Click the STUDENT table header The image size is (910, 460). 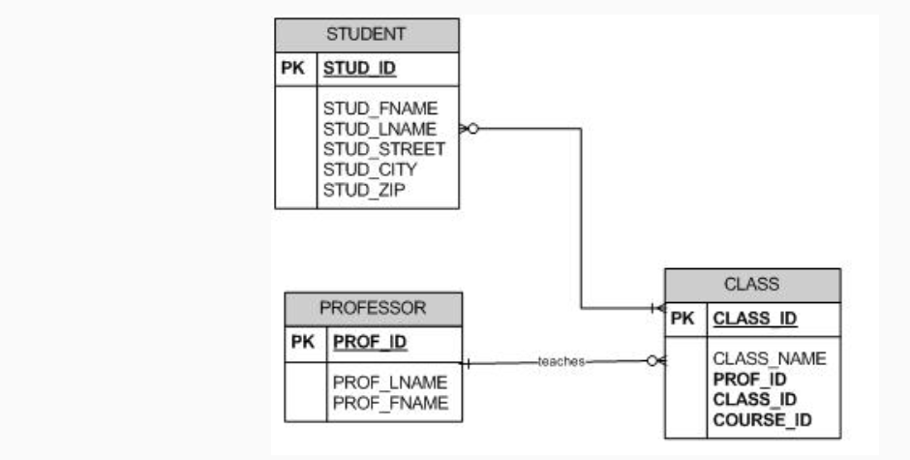(366, 34)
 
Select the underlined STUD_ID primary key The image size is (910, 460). (359, 69)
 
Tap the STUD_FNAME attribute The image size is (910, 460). (380, 107)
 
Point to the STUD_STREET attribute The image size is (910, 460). (384, 148)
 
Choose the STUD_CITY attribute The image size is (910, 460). (370, 169)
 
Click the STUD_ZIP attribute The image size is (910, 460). (363, 189)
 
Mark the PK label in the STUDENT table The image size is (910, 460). (293, 69)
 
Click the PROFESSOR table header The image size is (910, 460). (373, 308)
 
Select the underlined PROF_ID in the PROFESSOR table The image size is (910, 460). (369, 342)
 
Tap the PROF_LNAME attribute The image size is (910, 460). (390, 383)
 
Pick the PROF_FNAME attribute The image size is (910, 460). (390, 403)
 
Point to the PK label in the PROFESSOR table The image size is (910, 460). (302, 342)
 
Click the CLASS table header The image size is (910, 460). (751, 284)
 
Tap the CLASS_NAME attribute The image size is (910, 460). (770, 358)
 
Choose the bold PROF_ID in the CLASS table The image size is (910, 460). (749, 379)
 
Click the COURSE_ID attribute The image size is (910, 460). (762, 419)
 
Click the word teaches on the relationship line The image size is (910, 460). (561, 361)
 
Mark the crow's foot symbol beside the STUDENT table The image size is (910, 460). (470, 128)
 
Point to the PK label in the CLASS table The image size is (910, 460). (682, 318)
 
